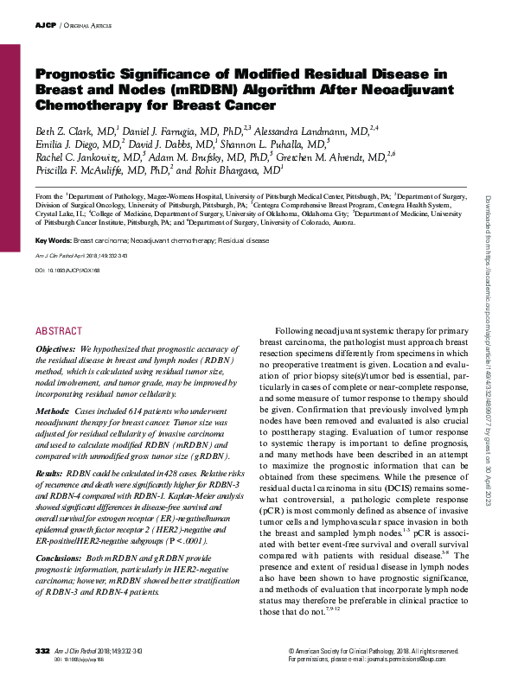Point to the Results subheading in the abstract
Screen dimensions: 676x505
click(50, 475)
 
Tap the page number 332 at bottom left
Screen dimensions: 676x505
click(42, 650)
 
